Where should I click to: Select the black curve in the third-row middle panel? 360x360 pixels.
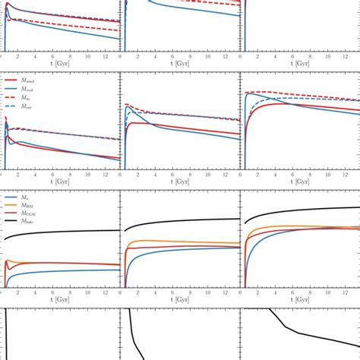pos(182,220)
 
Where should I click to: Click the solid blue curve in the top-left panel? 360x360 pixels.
pos(61,27)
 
